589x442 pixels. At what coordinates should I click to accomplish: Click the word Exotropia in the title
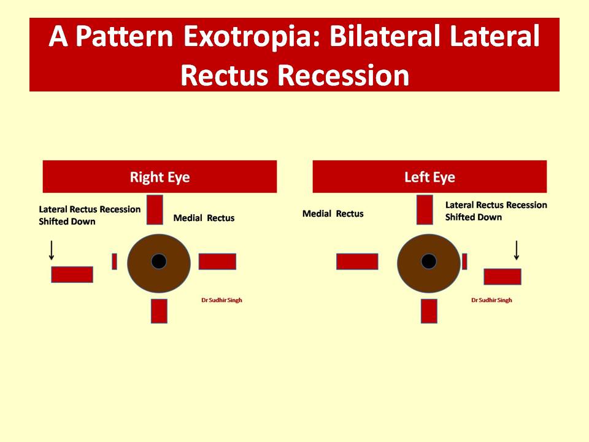(252, 37)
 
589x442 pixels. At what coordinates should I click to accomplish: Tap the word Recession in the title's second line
(343, 76)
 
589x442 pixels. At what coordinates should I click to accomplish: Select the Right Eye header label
(160, 177)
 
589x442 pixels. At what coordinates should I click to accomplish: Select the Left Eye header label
(429, 177)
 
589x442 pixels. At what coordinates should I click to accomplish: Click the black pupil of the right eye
(159, 262)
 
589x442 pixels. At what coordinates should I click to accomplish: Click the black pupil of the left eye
(429, 262)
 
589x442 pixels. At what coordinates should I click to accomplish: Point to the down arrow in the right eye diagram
(52, 250)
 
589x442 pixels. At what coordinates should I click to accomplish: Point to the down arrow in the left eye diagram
(517, 250)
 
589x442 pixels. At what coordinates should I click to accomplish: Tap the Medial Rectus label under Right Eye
(204, 218)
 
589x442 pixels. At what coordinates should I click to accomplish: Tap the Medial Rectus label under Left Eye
(333, 214)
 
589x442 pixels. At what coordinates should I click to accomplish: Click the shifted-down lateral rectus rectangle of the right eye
(72, 274)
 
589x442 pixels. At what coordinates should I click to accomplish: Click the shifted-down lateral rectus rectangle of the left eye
(502, 277)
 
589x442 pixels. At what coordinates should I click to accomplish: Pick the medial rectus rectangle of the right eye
(217, 262)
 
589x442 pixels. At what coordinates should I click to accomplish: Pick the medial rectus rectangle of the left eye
(357, 262)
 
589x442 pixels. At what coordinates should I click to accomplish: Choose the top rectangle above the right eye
(155, 210)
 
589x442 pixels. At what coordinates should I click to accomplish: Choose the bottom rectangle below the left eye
(429, 311)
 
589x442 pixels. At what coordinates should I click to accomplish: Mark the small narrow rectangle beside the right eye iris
(115, 262)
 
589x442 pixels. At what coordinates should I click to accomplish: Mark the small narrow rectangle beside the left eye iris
(464, 262)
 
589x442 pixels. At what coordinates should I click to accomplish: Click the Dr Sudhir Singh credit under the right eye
(221, 300)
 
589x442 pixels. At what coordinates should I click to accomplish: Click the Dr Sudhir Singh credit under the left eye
(491, 300)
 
